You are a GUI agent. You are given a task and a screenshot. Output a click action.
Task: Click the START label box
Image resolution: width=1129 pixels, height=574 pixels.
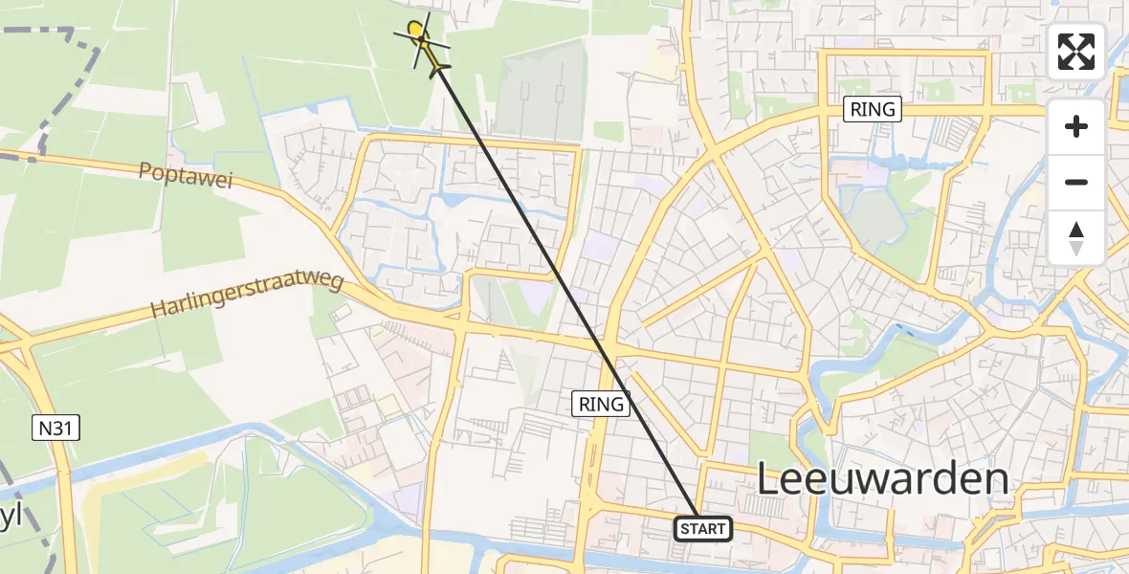pos(704,528)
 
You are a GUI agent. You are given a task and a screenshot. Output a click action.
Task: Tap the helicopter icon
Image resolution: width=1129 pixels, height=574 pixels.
pos(422,41)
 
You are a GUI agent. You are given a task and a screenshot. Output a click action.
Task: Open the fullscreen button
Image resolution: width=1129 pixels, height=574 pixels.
pos(1076,52)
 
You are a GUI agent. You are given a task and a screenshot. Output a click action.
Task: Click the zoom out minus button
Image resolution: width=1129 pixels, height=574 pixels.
pos(1076,182)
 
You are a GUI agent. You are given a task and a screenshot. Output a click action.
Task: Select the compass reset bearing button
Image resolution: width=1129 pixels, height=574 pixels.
pos(1076,238)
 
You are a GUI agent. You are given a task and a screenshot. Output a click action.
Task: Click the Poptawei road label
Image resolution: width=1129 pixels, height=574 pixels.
pos(186,175)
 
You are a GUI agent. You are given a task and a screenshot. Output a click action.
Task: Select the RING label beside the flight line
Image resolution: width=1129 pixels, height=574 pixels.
pos(601,404)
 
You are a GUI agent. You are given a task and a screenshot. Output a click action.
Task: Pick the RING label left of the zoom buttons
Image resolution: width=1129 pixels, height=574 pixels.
pos(873,109)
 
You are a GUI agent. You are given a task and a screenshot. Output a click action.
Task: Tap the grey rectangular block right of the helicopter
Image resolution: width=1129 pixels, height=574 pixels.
pos(541,96)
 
